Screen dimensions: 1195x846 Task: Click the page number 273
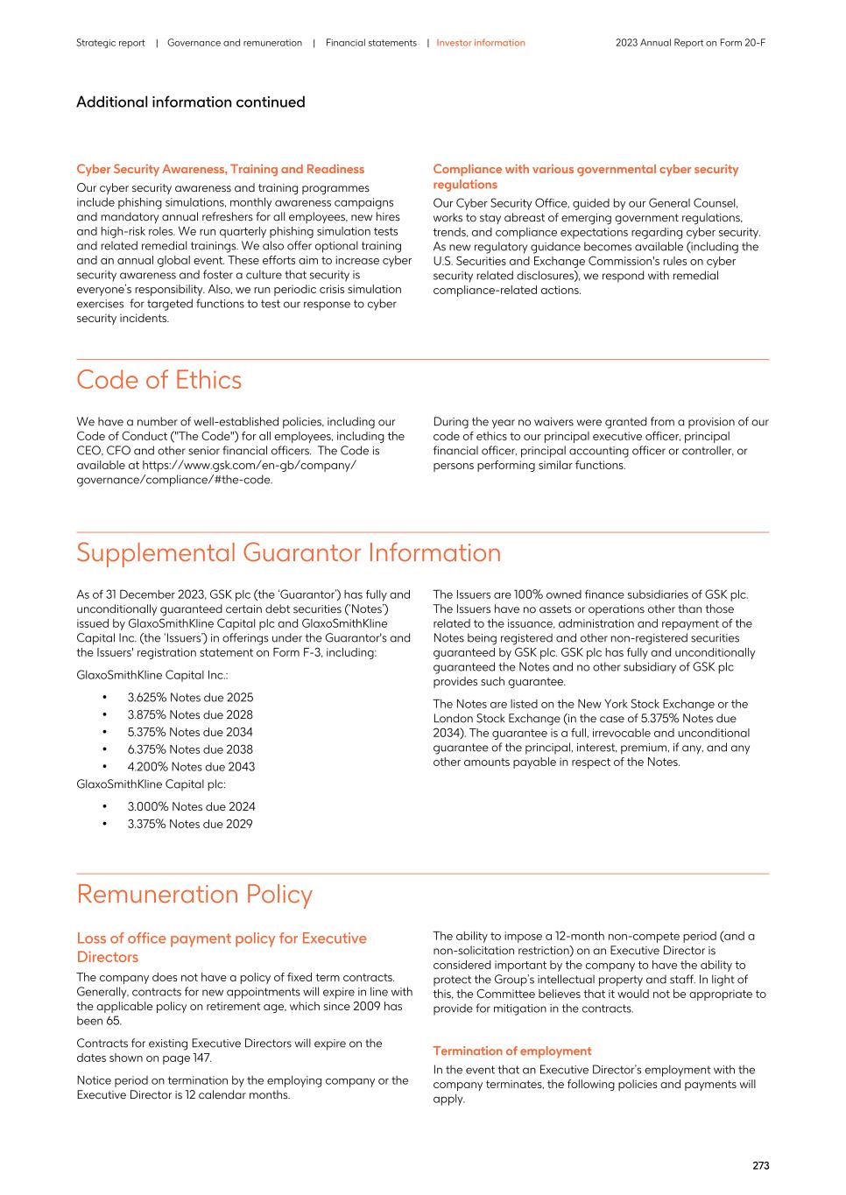tap(760, 1165)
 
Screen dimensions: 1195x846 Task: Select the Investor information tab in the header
tap(481, 43)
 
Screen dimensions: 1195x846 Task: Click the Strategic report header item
tap(110, 43)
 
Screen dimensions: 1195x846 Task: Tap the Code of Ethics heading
tap(159, 380)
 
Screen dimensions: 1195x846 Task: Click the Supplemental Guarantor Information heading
tap(288, 552)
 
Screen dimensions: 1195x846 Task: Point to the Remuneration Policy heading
tap(194, 894)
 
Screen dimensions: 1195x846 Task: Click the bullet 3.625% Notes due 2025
tap(190, 698)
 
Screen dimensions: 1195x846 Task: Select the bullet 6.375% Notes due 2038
tap(190, 749)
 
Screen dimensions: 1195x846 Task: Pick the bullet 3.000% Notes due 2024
tap(191, 806)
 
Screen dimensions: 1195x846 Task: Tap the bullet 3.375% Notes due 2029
tap(190, 824)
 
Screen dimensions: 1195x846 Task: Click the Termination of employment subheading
tap(511, 1051)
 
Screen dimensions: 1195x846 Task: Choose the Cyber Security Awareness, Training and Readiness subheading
tap(220, 169)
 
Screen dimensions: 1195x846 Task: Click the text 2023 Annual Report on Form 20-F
tap(690, 43)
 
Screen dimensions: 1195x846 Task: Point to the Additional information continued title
tap(190, 102)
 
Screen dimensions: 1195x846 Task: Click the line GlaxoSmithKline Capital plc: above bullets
tap(151, 784)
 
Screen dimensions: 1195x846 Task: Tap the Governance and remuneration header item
tap(234, 43)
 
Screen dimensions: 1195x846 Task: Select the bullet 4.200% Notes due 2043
tap(191, 767)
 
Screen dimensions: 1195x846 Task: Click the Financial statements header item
tap(370, 43)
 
